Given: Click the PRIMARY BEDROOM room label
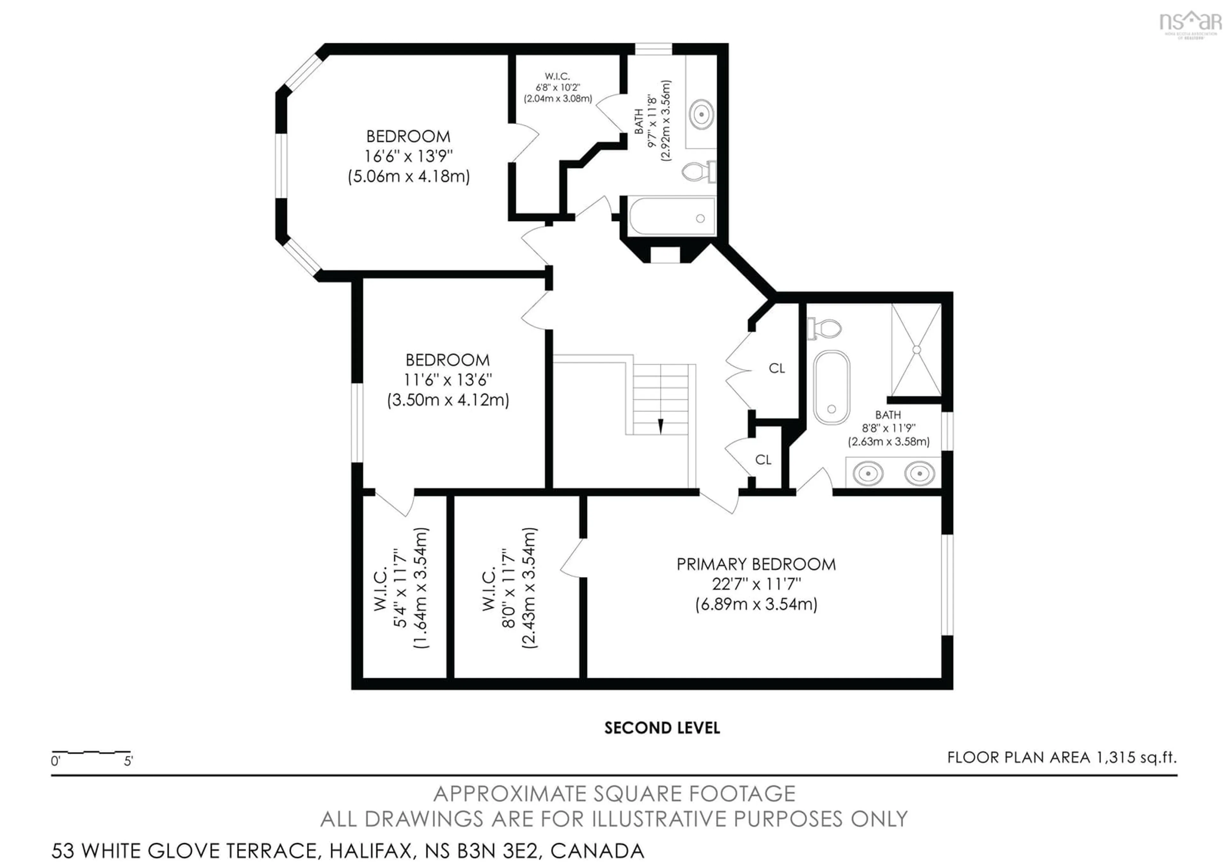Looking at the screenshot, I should click(756, 564).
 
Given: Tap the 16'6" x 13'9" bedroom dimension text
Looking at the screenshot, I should click(408, 156).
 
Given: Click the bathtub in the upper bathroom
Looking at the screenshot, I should click(672, 217).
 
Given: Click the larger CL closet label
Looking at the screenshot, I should click(776, 368).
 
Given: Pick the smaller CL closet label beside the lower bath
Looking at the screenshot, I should click(763, 460).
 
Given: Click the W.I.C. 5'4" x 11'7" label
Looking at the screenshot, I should click(401, 588).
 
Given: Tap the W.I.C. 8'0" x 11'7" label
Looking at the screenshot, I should click(509, 588).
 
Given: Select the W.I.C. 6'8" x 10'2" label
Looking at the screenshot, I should click(558, 87).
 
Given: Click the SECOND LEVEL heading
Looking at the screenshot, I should click(662, 728).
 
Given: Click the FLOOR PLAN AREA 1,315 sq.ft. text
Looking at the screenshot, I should click(1062, 757).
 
